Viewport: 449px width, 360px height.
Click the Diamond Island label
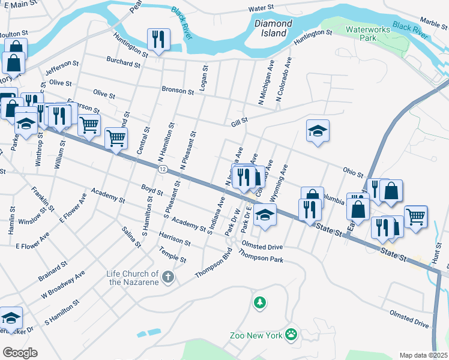(273, 28)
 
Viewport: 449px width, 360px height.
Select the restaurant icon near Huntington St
(158, 40)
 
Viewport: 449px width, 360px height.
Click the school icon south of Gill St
(318, 131)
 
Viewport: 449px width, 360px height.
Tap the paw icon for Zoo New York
(291, 334)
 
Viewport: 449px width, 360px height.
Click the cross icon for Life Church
(169, 278)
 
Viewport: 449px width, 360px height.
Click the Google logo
(19, 352)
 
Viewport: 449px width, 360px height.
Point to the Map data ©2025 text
(423, 355)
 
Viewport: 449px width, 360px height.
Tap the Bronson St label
(178, 91)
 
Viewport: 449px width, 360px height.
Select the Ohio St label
(353, 172)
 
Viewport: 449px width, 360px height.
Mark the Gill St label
(240, 121)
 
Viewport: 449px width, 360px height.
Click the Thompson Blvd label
(213, 267)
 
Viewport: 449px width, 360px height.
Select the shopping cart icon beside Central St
(116, 137)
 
